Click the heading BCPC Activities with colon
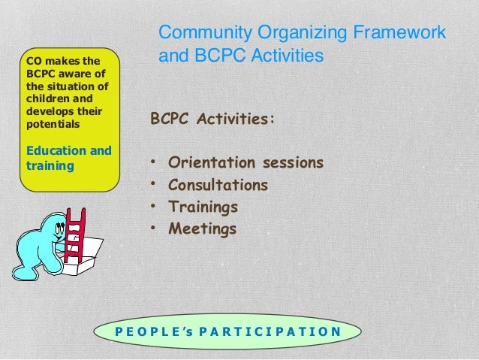pyautogui.click(x=212, y=119)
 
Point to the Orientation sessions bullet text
pyautogui.click(x=246, y=162)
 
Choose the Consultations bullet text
pyautogui.click(x=218, y=185)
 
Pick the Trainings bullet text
pyautogui.click(x=203, y=206)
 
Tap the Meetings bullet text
pyautogui.click(x=202, y=228)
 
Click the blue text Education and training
pyautogui.click(x=68, y=157)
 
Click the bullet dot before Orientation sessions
pyautogui.click(x=154, y=163)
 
